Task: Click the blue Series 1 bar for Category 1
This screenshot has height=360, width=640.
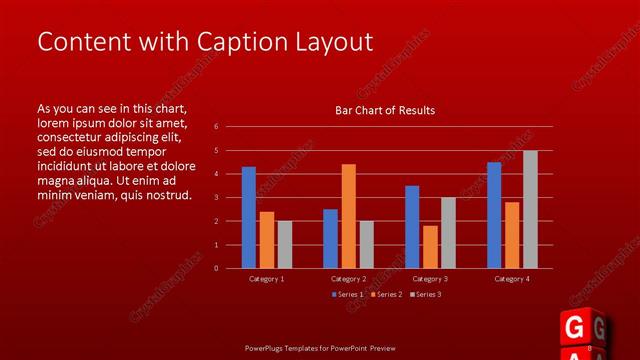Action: point(249,217)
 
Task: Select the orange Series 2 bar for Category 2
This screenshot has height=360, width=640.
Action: point(348,216)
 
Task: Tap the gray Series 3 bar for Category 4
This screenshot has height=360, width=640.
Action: point(530,209)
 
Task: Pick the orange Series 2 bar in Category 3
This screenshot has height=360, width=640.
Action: point(430,246)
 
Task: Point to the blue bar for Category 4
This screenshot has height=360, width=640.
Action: point(494,215)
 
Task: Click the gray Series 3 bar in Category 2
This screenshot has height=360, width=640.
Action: point(366,244)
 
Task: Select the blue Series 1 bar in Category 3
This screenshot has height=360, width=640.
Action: point(412,227)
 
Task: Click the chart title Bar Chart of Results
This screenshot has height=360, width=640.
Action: point(385,110)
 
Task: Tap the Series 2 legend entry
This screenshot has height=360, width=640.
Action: point(388,294)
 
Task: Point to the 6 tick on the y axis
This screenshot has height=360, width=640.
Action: point(216,127)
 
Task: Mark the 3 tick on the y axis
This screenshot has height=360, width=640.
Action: point(216,197)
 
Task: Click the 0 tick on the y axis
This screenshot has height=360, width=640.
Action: point(216,268)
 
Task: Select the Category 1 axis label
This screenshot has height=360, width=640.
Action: point(266,279)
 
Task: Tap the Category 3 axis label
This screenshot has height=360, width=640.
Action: point(430,279)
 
